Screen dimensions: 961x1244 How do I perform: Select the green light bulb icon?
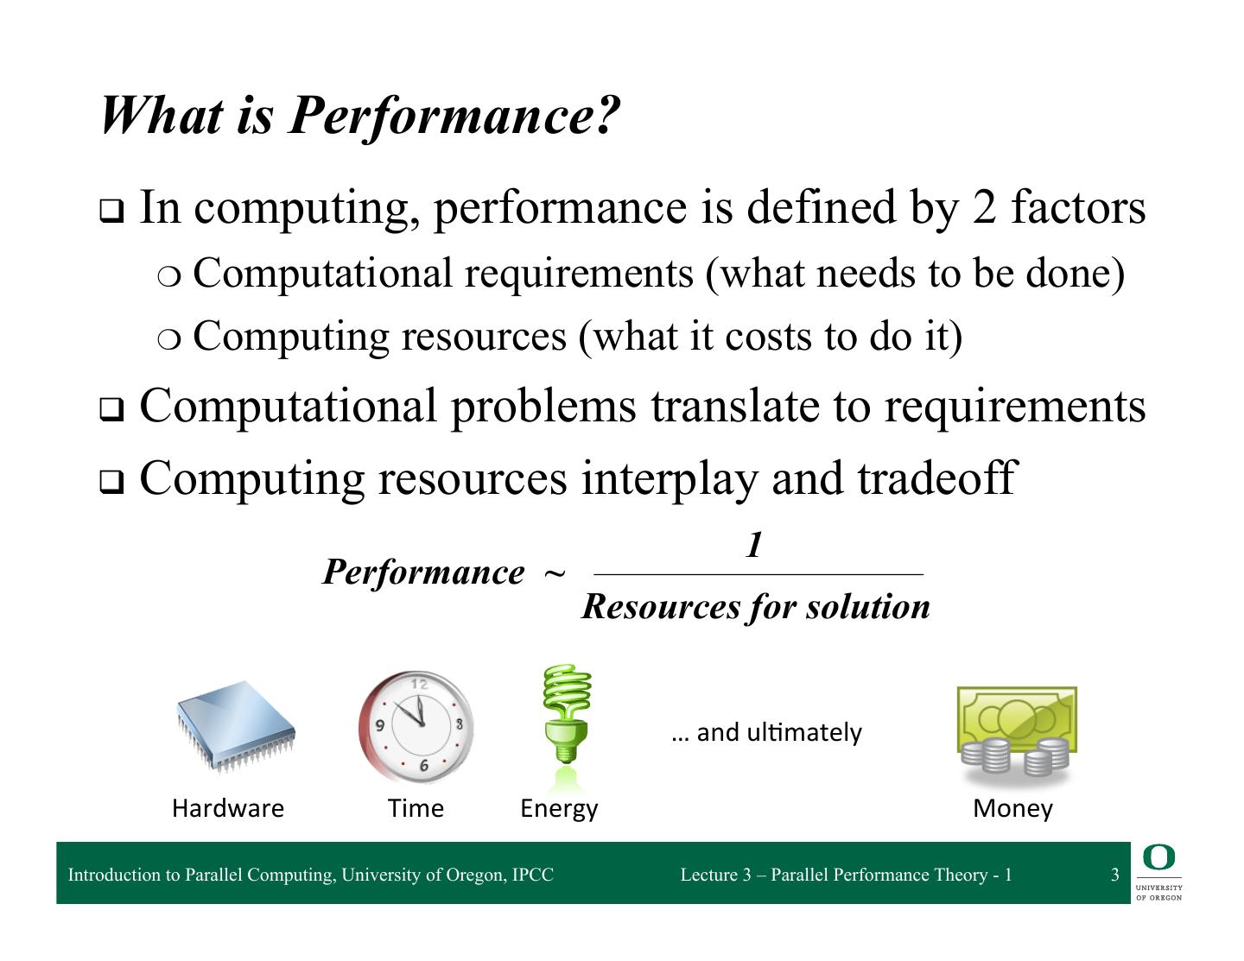tap(566, 717)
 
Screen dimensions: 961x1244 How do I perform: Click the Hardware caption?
tap(228, 808)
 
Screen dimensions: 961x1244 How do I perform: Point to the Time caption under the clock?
tap(416, 808)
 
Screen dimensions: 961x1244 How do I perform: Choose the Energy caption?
tap(559, 808)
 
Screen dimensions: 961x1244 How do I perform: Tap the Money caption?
tap(1012, 808)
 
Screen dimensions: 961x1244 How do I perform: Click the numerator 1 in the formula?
tap(754, 545)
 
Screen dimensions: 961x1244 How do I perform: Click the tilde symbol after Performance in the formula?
tap(555, 573)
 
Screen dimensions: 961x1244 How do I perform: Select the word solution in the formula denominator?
tap(867, 606)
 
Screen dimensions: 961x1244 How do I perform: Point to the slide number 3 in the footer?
tap(1114, 875)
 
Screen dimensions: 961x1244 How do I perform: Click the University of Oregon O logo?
tap(1158, 857)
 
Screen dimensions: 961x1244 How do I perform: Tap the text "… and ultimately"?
tap(766, 732)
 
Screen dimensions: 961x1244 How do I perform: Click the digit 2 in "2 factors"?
tap(983, 208)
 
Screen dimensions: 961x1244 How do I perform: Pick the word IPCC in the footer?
tap(532, 875)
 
